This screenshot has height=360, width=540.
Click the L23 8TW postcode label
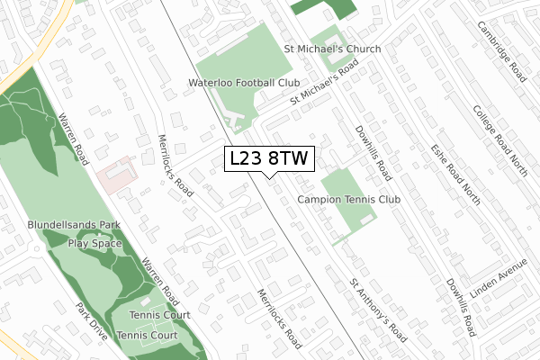pyautogui.click(x=269, y=158)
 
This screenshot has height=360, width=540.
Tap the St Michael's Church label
pyautogui.click(x=332, y=49)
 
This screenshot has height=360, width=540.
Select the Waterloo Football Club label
pyautogui.click(x=243, y=83)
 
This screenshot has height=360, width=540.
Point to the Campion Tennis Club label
pyautogui.click(x=347, y=198)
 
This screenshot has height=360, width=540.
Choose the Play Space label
pyautogui.click(x=94, y=243)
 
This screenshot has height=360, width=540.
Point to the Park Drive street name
pyautogui.click(x=92, y=321)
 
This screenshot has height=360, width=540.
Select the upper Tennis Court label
pyautogui.click(x=159, y=315)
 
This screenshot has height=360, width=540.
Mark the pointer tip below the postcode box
pyautogui.click(x=269, y=177)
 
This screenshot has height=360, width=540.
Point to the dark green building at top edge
pyautogui.click(x=324, y=8)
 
